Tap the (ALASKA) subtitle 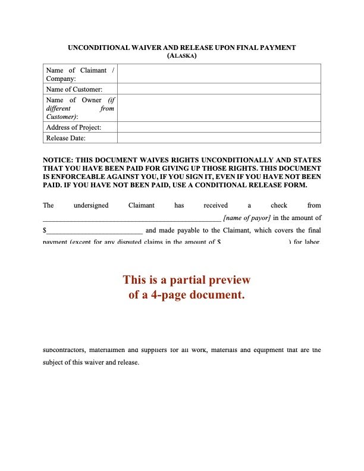[x=182, y=56]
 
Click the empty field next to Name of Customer [x=218, y=89]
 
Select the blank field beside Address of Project [x=218, y=127]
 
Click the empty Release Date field [x=218, y=138]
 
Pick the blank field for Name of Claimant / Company [x=218, y=74]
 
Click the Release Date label [x=65, y=138]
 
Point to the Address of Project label [x=73, y=127]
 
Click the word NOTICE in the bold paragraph [x=58, y=160]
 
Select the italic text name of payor [x=247, y=218]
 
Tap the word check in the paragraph [x=278, y=205]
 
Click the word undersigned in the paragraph [x=90, y=205]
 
